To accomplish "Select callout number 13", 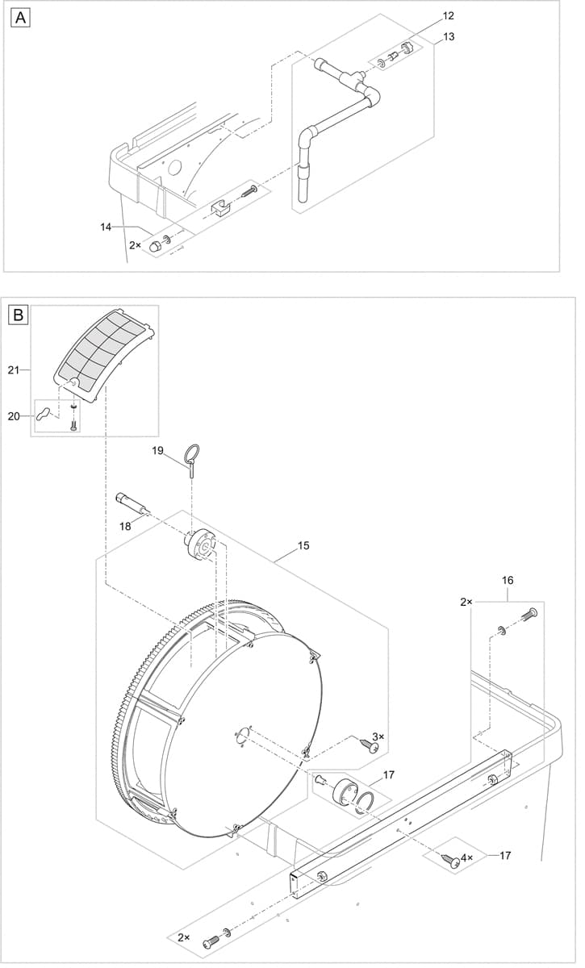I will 449,36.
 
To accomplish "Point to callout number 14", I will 107,227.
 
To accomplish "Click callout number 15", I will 303,546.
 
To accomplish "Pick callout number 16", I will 507,580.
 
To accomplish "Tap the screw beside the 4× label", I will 452,861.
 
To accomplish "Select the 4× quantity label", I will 467,857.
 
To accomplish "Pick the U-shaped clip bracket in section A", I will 219,208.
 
